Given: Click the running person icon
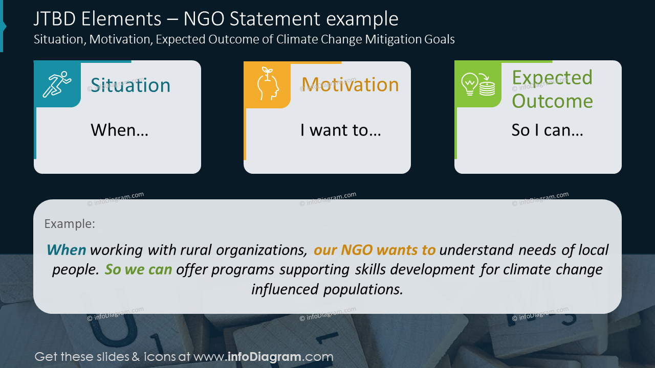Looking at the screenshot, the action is click(57, 84).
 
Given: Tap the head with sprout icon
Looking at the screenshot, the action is click(268, 84).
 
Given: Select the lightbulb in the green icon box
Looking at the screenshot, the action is click(469, 84).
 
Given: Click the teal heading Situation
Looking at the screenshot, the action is click(130, 85).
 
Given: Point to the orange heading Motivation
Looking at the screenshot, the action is click(350, 85).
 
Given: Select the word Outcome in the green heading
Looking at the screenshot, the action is click(552, 101).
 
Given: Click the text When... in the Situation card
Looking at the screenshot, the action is click(120, 130).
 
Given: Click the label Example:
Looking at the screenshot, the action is click(70, 224).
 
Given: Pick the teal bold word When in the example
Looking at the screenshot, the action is click(67, 250).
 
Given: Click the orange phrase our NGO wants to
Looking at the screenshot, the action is click(375, 250).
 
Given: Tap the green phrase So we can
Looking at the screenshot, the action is click(138, 269).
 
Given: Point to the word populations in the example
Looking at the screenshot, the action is click(363, 289).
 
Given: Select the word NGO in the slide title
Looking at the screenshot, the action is click(204, 19).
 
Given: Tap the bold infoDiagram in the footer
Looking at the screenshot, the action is click(265, 357).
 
